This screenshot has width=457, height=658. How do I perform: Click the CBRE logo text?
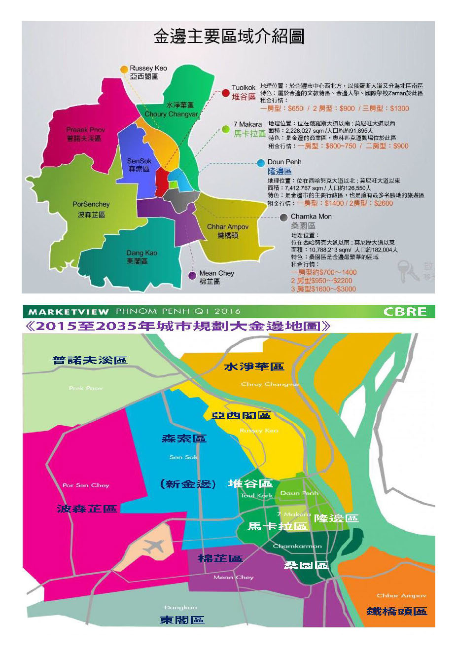tap(405, 312)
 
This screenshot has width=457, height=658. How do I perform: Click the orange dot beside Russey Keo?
tap(124, 69)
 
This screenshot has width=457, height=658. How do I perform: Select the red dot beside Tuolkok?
tap(225, 93)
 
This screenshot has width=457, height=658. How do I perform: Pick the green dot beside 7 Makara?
tap(225, 129)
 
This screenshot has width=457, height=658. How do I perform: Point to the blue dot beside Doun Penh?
tap(261, 163)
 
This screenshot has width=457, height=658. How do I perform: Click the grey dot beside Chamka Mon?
tap(283, 217)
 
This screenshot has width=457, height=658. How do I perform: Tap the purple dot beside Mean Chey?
tap(192, 275)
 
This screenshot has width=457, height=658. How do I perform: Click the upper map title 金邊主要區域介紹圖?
tap(229, 37)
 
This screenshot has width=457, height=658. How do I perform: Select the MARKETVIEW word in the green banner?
tap(69, 312)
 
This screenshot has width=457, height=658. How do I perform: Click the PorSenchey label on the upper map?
tap(91, 204)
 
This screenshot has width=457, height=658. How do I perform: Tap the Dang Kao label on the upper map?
tap(142, 253)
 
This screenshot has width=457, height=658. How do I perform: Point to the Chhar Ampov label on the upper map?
tap(228, 227)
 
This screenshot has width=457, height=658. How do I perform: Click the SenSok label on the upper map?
tap(140, 161)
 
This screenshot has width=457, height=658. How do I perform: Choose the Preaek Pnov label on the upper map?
tap(86, 130)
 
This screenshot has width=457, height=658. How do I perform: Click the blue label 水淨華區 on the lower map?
tap(254, 366)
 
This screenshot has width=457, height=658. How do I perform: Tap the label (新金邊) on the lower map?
tap(188, 484)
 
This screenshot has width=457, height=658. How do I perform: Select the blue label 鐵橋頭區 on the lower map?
tap(396, 611)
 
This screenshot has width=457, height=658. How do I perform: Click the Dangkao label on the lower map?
tap(180, 608)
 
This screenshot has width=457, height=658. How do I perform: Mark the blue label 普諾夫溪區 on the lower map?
tap(90, 360)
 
